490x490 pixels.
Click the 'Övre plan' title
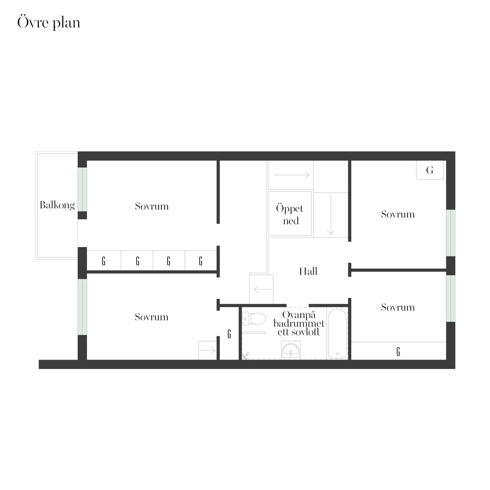pos(49,23)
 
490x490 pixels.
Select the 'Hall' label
pos(308,271)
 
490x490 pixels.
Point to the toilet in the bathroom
pos(254,319)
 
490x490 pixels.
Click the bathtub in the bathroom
pos(337,334)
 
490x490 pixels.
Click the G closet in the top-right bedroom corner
pos(430,170)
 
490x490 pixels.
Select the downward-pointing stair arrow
pos(331,215)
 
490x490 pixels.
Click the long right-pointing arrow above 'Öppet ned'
pos(291,175)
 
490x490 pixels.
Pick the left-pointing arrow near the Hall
pos(262,289)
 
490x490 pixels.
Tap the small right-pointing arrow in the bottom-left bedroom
pos(208,350)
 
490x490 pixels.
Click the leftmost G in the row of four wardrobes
pos(104,261)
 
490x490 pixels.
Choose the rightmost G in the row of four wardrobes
pos(201,261)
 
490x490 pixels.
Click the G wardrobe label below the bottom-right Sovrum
pos(398,352)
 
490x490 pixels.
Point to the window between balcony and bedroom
pos(82,189)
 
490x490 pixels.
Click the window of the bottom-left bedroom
pos(82,307)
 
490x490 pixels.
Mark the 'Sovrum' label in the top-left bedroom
pos(152,206)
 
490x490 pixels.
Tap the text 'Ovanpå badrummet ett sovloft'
pos(299,323)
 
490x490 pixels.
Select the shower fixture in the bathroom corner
pos(246,356)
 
